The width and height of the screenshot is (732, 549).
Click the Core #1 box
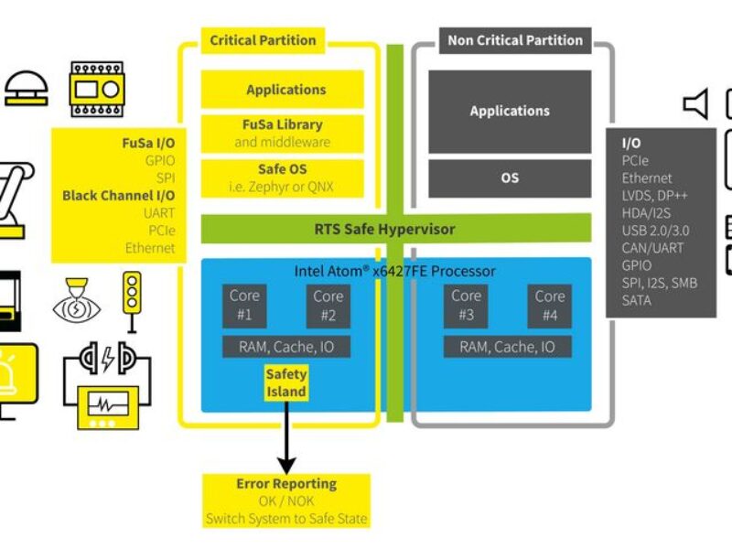coord(245,306)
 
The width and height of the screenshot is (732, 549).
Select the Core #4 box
coord(550,306)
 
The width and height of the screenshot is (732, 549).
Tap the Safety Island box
coord(286,382)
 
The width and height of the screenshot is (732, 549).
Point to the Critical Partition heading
coord(263,40)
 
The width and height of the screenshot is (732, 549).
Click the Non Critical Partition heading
coord(514,40)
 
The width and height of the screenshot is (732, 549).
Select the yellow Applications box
coord(285,90)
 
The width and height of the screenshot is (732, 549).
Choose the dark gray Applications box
coord(510,111)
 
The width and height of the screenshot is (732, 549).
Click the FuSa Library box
coord(282,134)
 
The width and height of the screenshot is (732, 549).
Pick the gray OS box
coord(510,178)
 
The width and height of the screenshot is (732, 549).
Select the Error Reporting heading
coord(285,483)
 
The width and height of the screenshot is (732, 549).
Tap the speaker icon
coord(696,105)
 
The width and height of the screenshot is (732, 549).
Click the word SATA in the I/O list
coord(637,300)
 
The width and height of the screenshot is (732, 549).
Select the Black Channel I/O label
coord(118,195)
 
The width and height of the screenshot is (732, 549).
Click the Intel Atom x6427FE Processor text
coord(395,271)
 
